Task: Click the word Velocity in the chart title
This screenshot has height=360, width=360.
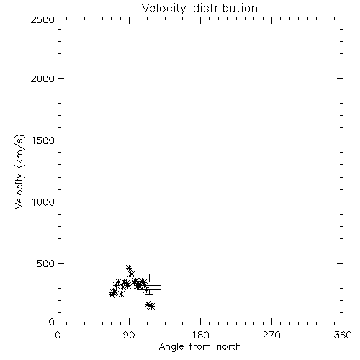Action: pyautogui.click(x=164, y=8)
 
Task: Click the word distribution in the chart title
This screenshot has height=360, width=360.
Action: pyautogui.click(x=225, y=8)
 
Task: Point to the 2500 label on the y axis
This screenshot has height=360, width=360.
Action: pyautogui.click(x=43, y=20)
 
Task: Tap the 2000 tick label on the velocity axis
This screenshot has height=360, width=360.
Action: pyautogui.click(x=43, y=78)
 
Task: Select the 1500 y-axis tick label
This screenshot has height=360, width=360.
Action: pyautogui.click(x=43, y=140)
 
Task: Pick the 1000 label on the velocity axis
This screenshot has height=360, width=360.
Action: pyautogui.click(x=43, y=202)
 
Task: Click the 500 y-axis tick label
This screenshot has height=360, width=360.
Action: pyautogui.click(x=46, y=264)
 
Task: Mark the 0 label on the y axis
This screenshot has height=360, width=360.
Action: pyautogui.click(x=52, y=322)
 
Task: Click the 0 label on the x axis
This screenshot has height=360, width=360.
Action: pyautogui.click(x=58, y=335)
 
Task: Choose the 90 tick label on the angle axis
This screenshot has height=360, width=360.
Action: pyautogui.click(x=129, y=335)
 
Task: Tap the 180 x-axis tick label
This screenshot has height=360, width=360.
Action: pyautogui.click(x=200, y=335)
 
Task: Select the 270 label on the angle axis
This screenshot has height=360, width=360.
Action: pyautogui.click(x=271, y=335)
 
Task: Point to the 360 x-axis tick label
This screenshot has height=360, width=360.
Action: pyautogui.click(x=343, y=335)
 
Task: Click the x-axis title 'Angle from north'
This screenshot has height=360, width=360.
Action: pyautogui.click(x=200, y=347)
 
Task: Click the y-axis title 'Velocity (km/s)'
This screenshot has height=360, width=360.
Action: pyautogui.click(x=19, y=171)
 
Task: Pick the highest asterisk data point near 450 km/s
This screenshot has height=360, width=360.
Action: pyautogui.click(x=130, y=268)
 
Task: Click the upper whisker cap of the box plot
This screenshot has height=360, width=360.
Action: pyautogui.click(x=149, y=274)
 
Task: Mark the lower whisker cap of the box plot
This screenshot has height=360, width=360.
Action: pyautogui.click(x=149, y=294)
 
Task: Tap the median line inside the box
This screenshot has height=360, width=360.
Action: pyautogui.click(x=149, y=286)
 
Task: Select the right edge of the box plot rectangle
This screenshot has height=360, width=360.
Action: pyautogui.click(x=161, y=286)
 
